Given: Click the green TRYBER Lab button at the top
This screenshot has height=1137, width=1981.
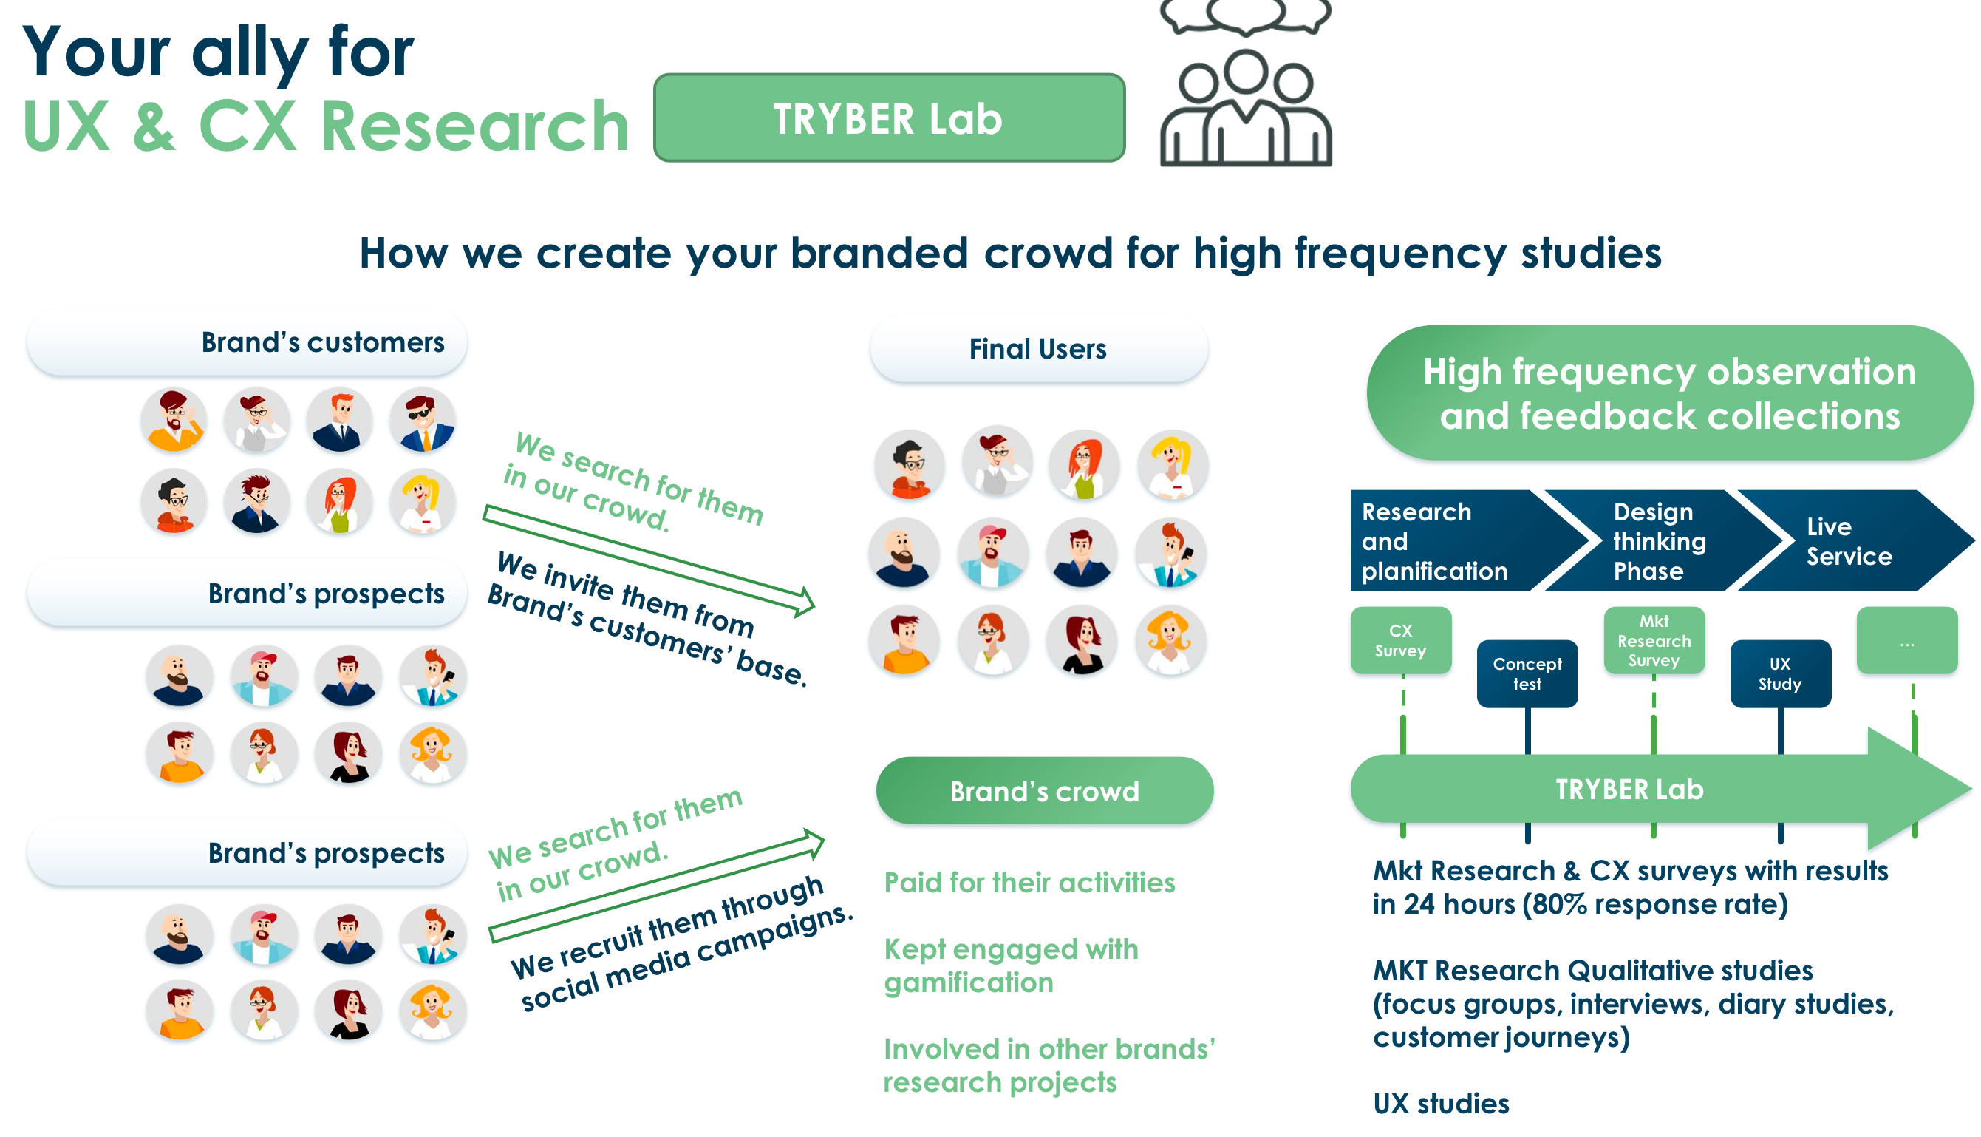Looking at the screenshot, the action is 888,118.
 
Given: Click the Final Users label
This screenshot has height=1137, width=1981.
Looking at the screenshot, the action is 1038,349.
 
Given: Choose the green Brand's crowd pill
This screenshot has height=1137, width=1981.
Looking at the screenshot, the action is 1044,790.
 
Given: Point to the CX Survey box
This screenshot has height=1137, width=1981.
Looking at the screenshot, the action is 1400,640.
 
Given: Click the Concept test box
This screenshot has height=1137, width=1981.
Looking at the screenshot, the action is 1527,674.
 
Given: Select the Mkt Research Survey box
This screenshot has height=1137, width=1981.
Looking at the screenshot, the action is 1654,640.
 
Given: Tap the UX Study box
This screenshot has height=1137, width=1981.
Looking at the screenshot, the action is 1781,674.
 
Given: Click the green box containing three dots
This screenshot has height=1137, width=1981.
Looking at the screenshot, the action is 1907,640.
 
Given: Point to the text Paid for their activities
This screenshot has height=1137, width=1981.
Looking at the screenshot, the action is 1029,883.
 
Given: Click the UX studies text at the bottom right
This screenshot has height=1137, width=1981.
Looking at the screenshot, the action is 1441,1104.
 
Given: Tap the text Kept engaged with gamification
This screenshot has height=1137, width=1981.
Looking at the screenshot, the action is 1011,966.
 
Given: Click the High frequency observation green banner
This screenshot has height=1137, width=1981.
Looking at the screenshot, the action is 1670,393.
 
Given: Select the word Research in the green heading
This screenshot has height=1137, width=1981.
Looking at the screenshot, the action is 474,126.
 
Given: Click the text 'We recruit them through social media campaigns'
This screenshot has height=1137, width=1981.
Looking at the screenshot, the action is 681,943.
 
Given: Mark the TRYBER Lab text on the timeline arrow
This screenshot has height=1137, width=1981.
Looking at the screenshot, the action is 1630,790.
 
